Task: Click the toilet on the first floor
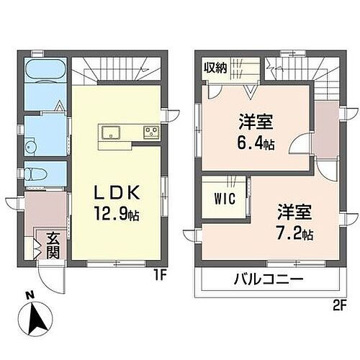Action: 34,173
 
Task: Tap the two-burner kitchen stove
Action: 151,132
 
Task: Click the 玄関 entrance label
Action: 53,247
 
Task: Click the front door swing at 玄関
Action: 50,277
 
